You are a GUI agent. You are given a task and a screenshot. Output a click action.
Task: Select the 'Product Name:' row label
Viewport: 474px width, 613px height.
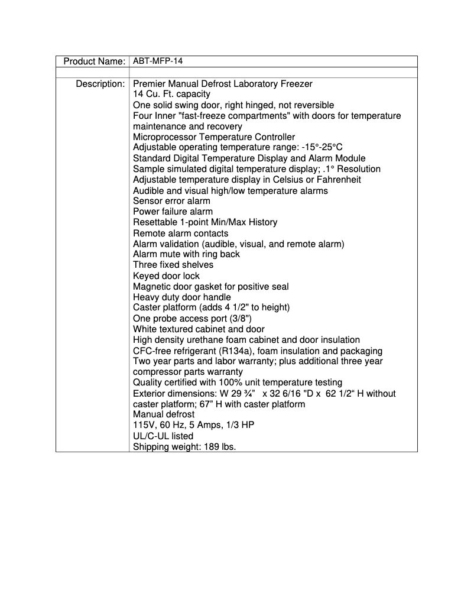[x=94, y=61]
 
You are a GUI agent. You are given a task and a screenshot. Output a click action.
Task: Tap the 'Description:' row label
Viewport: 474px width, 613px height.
[x=100, y=83]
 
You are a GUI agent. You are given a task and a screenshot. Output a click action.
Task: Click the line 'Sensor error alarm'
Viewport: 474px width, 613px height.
[x=171, y=201]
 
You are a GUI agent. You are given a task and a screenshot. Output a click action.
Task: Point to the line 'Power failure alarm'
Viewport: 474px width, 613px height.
[x=173, y=212]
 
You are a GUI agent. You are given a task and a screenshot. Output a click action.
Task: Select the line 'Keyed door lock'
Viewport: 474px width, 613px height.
[x=166, y=275]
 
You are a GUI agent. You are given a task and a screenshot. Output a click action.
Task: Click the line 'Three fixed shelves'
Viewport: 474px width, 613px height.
[x=173, y=265]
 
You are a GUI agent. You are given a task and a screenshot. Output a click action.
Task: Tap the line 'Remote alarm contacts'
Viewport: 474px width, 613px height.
[x=180, y=233]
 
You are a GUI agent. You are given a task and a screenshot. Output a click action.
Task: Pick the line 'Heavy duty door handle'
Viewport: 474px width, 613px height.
[x=182, y=297]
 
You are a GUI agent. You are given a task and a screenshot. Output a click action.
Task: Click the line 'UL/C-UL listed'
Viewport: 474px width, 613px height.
[x=163, y=436]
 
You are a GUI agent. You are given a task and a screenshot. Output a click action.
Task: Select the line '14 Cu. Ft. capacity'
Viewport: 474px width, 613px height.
[x=171, y=94]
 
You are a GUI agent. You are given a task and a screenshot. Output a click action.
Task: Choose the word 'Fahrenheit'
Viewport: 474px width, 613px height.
[x=338, y=180]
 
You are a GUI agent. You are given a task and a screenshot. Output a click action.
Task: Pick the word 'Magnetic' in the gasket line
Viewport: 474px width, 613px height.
[x=151, y=286]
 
